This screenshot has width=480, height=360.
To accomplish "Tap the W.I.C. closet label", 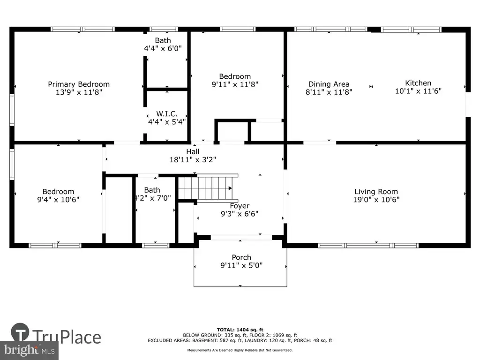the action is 167,114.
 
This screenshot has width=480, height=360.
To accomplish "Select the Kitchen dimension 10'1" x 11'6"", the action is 418,91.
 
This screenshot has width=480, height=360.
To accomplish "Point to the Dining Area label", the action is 329,84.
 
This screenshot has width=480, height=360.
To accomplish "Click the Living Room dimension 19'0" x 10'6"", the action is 376,200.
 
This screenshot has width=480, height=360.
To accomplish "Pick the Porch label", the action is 241,257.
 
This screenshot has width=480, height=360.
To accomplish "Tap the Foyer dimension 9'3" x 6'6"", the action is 240,214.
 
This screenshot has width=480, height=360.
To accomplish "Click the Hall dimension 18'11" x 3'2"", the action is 193,159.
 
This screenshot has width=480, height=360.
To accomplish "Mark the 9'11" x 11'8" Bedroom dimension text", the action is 235,84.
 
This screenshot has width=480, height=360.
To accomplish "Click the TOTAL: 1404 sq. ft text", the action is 240,330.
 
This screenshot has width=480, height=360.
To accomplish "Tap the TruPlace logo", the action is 56,334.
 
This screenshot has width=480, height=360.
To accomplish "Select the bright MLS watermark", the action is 30,350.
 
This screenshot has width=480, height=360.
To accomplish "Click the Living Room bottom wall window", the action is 368,246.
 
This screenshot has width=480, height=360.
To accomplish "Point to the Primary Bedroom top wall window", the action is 82,30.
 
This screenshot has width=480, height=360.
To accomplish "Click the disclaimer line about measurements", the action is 240,350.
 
